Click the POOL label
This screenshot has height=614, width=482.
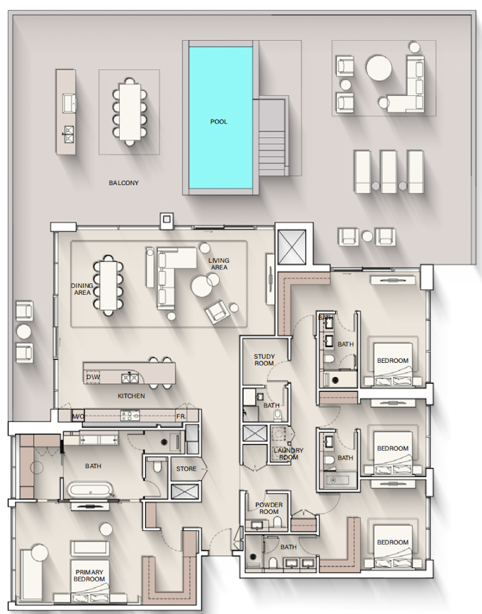[x=219, y=122]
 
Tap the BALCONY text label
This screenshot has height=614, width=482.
[x=124, y=183]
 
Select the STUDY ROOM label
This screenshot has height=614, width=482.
[x=264, y=360]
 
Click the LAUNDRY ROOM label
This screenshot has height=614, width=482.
[x=289, y=454]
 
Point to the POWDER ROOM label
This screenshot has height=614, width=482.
[x=269, y=509]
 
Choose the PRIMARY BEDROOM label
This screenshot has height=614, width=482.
[x=89, y=575]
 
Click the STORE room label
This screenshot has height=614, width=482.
[x=186, y=469]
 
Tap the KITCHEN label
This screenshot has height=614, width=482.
[x=131, y=396]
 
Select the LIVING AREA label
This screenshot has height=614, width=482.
[x=219, y=264]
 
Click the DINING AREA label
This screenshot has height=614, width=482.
[x=82, y=289]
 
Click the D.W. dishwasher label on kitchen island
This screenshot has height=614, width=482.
[x=93, y=377]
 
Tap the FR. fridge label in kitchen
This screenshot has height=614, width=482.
[x=181, y=416]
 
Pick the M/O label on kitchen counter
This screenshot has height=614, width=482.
[x=78, y=416]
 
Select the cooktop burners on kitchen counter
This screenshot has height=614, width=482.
[x=130, y=416]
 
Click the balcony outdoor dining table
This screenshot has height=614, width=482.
[x=129, y=112]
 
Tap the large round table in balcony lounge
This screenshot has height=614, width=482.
[x=379, y=68]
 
